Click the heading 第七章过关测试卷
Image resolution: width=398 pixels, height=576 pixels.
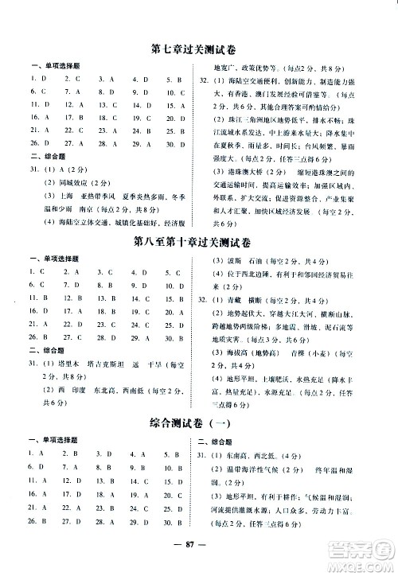198,49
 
